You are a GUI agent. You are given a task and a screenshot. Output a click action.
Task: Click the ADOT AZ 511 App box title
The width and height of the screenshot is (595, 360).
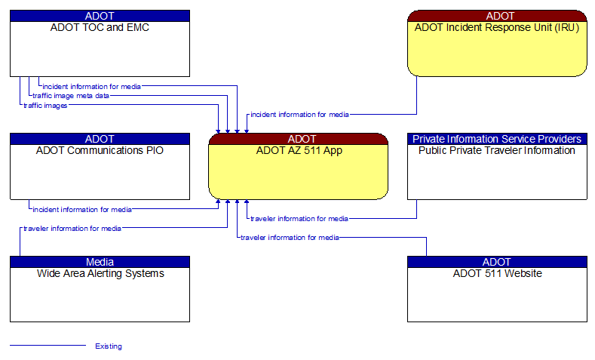[299, 150]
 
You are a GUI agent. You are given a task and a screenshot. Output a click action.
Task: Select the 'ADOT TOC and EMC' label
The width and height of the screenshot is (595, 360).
[100, 28]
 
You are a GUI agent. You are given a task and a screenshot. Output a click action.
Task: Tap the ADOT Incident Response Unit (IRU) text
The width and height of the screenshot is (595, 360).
[497, 28]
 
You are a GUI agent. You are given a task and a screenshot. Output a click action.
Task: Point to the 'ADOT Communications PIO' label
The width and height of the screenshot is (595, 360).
[100, 150]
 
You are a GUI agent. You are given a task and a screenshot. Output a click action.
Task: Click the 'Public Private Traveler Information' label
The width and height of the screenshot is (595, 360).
[497, 150]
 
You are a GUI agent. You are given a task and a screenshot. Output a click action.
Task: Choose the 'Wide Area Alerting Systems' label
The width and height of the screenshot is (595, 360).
[100, 273]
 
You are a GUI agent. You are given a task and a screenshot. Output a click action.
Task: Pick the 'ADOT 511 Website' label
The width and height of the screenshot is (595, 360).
[497, 273]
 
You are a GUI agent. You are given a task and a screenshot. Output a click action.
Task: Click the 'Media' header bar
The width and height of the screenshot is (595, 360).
[100, 262]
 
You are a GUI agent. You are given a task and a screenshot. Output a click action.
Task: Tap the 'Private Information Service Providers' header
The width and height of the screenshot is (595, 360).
[497, 139]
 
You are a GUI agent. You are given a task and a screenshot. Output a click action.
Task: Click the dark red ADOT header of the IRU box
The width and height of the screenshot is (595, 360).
[497, 16]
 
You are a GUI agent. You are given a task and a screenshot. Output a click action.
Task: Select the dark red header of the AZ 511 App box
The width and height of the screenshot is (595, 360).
[299, 139]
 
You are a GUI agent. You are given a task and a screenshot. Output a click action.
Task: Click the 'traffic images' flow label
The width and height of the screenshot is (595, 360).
[45, 106]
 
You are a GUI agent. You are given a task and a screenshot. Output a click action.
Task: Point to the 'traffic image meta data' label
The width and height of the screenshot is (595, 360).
[70, 96]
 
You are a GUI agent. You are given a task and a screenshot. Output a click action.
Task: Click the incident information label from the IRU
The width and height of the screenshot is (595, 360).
[299, 115]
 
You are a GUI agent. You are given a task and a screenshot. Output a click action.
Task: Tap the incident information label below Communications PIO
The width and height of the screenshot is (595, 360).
[81, 209]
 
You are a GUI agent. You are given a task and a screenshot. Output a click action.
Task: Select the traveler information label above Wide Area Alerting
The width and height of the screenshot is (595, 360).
[72, 228]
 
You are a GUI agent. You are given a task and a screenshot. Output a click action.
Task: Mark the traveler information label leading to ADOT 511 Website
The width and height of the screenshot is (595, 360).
[290, 237]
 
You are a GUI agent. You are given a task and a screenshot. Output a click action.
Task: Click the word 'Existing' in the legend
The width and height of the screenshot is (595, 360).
[109, 346]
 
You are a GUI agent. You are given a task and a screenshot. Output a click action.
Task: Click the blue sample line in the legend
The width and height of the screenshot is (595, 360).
[48, 346]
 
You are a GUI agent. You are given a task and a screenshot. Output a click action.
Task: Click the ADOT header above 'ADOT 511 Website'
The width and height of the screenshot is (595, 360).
[497, 262]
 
